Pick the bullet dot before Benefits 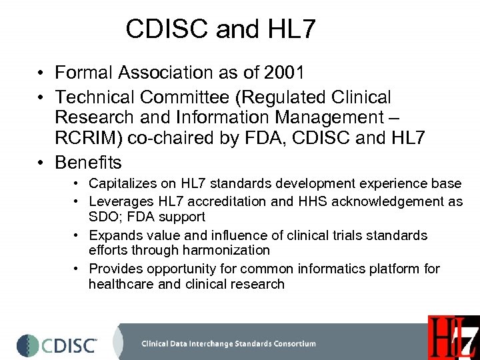coord(41,163)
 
